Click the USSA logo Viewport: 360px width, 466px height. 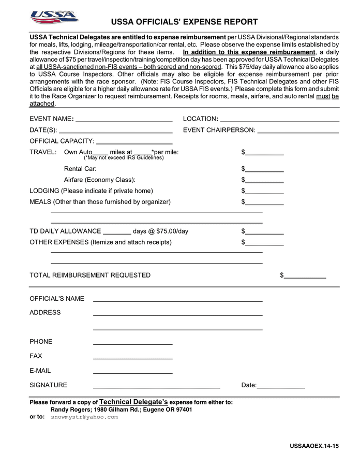[54, 17]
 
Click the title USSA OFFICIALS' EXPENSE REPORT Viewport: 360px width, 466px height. [184, 22]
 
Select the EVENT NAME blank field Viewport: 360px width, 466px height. [124, 119]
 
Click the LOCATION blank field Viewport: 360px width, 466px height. [279, 119]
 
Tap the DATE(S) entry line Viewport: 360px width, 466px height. [115, 130]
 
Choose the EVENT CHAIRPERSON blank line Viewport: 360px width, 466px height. [298, 130]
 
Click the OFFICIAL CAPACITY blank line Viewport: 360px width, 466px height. [134, 141]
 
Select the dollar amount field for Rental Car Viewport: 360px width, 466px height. [264, 169]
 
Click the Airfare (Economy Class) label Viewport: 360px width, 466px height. [99, 180]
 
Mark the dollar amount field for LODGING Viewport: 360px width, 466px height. [264, 191]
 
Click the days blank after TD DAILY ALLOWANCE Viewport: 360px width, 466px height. [117, 231]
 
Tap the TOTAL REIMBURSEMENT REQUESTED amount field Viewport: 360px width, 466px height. [305, 275]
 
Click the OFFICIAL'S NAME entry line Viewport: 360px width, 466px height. [177, 299]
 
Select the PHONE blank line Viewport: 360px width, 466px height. [132, 342]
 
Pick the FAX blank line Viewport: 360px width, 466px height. [132, 357]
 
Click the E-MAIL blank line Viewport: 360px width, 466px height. [132, 371]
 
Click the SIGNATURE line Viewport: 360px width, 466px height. [156, 386]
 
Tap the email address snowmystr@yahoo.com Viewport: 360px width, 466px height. [84, 417]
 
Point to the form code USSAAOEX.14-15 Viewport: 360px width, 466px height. [314, 446]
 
